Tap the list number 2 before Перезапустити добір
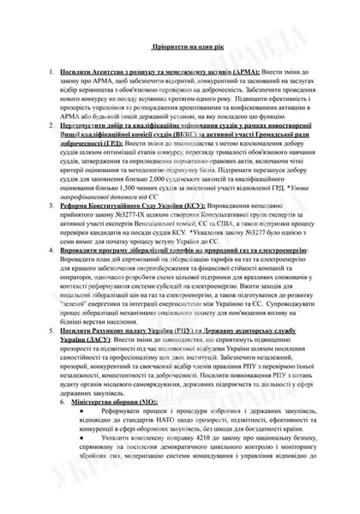pos(53,125)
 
